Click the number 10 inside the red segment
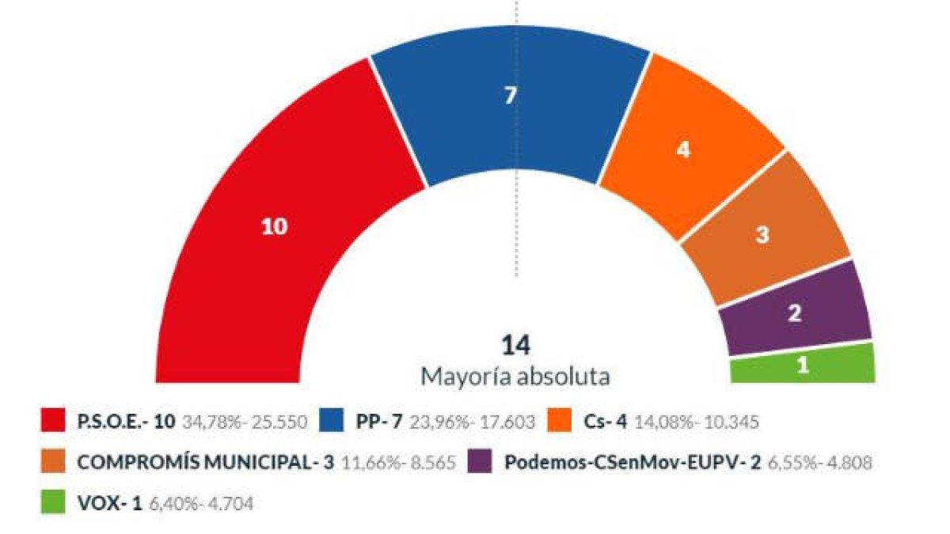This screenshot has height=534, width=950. point(275,227)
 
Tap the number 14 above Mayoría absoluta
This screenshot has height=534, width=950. point(515,346)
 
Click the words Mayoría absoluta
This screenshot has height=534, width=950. point(515,377)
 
